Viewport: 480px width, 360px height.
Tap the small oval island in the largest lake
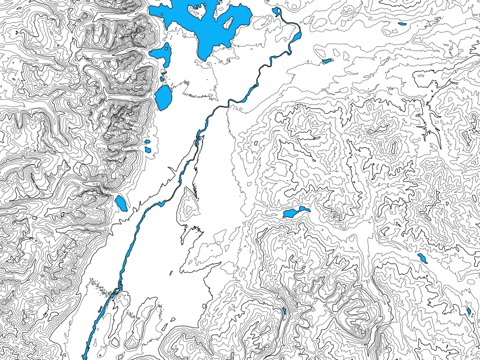tap(229, 22)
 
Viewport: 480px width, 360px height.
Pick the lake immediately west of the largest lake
tap(162, 54)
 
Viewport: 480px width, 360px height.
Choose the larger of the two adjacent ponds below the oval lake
tap(148, 150)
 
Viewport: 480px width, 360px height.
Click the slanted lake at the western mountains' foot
tap(121, 203)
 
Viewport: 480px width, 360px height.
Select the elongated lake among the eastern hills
tap(295, 212)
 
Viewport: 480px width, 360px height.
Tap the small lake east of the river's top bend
tap(327, 61)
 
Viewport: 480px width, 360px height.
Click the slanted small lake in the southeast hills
tap(423, 259)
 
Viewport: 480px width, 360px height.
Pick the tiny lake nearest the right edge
tap(468, 311)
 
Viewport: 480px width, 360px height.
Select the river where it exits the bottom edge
tap(85, 357)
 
